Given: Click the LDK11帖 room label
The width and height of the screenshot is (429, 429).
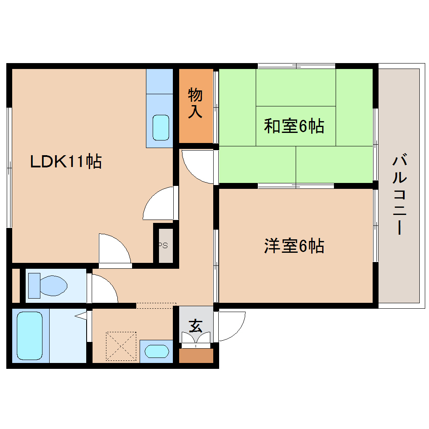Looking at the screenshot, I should [66, 162].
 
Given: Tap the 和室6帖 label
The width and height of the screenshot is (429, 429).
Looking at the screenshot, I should [294, 126].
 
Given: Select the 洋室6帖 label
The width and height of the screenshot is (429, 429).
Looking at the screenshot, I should [294, 246].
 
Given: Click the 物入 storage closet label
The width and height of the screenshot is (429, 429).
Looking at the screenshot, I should [195, 103].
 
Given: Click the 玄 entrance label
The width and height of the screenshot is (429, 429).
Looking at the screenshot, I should [195, 325].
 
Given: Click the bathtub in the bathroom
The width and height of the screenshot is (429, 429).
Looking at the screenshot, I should [30, 336].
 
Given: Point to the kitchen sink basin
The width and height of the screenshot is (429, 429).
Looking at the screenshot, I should [161, 127].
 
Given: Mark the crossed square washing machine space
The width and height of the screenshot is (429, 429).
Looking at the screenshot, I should [121, 346].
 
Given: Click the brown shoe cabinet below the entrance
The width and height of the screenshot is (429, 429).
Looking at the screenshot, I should [196, 356].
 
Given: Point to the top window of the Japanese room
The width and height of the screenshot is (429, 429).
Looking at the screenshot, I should [297, 66].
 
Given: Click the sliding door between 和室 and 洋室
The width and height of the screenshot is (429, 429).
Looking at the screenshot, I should [296, 185].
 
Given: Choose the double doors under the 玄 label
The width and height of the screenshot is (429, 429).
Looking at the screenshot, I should [196, 339].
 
